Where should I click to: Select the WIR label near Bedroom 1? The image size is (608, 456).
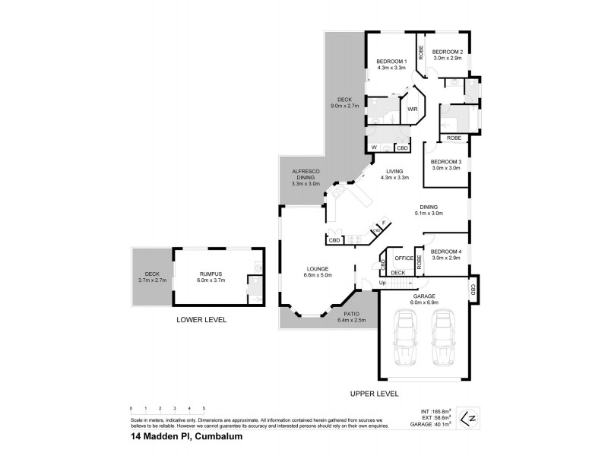pos(413,109)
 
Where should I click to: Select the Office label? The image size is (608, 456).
pos(404,258)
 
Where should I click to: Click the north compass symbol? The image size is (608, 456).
pos(471,416)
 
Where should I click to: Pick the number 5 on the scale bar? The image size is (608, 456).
pos(204,410)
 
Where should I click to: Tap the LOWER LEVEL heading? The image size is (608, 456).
pos(201,320)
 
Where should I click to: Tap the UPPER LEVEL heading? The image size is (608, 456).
pos(374,394)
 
